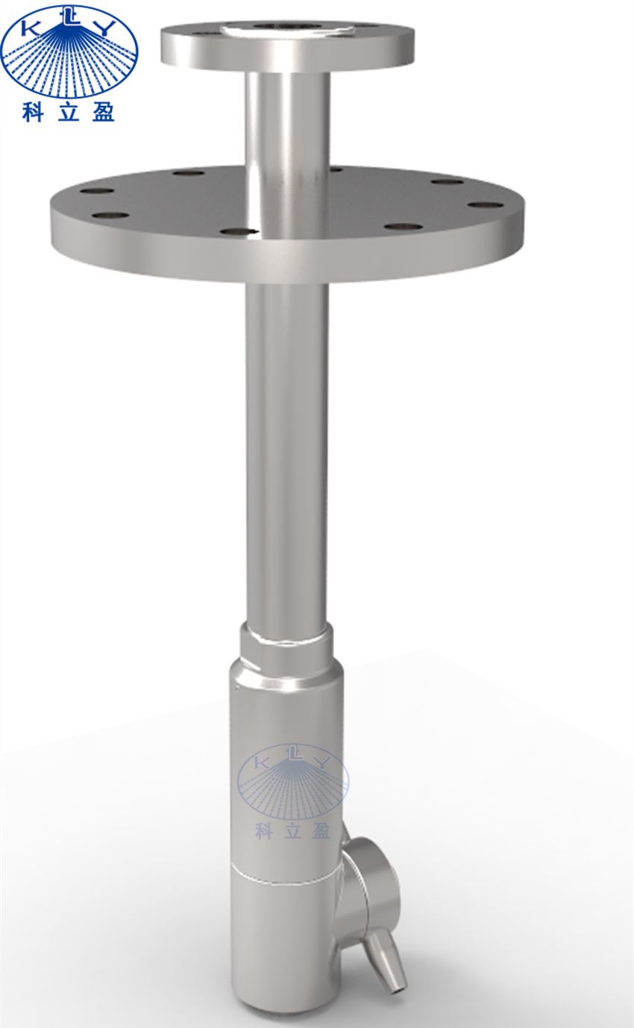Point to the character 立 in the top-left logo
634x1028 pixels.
coord(68,112)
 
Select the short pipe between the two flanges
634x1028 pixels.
coord(288,119)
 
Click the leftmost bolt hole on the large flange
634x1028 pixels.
coord(97,191)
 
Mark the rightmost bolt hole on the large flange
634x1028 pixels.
coord(486,204)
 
